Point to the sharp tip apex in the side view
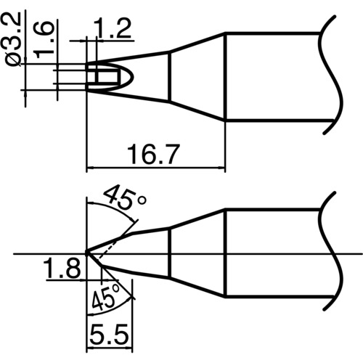click(87, 253)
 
